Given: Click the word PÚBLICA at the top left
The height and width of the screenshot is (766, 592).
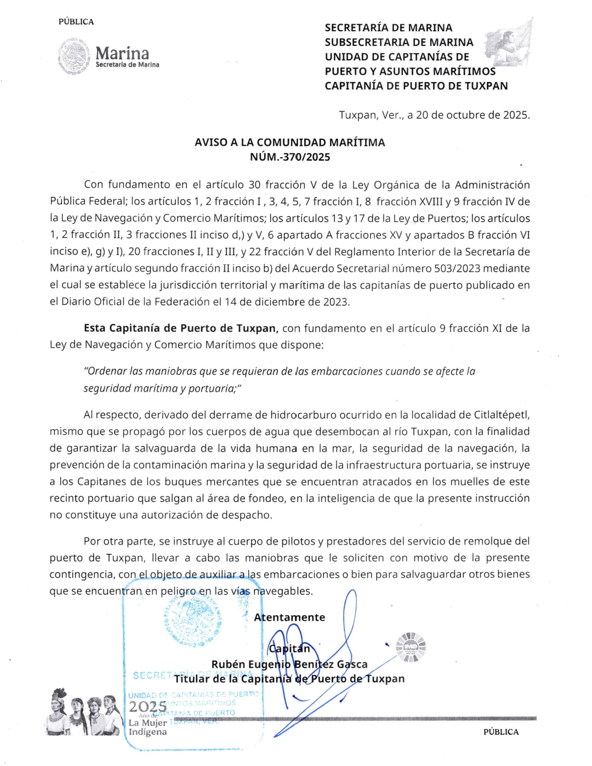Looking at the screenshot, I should pos(76,22).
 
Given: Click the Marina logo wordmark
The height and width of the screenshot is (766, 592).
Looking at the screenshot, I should pos(122,53).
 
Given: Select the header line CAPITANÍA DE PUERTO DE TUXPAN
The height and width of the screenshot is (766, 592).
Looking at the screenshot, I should pos(416,86).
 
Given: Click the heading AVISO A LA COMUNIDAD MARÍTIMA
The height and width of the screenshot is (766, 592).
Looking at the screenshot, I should pos(290,143).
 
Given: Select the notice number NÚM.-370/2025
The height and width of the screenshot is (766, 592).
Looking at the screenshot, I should pos(290,157).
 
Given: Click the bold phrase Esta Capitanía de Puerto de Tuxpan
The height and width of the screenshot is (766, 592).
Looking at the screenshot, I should pos(181,328).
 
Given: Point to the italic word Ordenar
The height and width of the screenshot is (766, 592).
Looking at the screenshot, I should pos(105,371).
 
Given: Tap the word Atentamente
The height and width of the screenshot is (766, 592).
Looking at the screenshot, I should pos(289,617).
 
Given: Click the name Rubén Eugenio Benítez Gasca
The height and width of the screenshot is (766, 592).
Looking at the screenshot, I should pos(289,665).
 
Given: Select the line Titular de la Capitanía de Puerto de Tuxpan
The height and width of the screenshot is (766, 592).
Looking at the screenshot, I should pos(289,679).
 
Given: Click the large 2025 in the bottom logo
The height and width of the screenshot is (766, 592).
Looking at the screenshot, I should pos(147,706).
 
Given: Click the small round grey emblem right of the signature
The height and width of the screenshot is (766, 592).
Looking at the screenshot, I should pos(411,647).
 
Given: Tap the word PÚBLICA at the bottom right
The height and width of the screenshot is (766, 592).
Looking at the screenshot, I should pos(500,732).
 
